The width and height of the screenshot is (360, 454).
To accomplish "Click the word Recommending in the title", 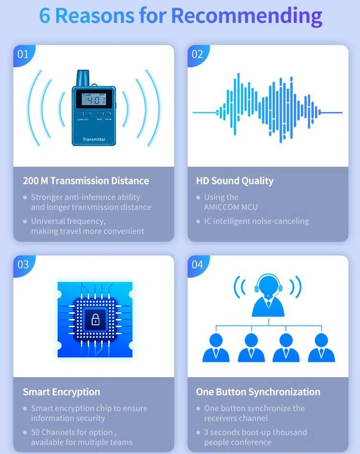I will click(x=246, y=15).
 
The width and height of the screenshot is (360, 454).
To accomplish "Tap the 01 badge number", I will click(x=23, y=54).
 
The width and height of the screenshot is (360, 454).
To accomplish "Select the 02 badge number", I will click(x=197, y=54).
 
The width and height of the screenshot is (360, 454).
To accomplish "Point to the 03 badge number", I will click(x=23, y=265).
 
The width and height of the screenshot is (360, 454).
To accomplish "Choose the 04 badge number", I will click(x=197, y=265).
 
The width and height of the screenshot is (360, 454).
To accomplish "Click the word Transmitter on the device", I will click(x=94, y=139).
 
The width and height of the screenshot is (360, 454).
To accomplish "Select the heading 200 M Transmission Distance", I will click(x=86, y=181).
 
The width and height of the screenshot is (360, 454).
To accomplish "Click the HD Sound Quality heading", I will click(x=235, y=181).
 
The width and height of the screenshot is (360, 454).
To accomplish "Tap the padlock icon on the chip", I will click(x=96, y=319).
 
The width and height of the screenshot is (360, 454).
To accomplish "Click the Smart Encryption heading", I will click(x=61, y=392).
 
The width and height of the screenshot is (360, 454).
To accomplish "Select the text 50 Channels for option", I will click(x=72, y=432).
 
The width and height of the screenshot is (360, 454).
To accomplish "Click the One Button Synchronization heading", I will click(x=258, y=392).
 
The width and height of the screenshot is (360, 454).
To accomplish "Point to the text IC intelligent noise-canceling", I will click(x=256, y=221).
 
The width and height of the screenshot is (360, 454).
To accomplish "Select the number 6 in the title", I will click(x=45, y=15).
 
